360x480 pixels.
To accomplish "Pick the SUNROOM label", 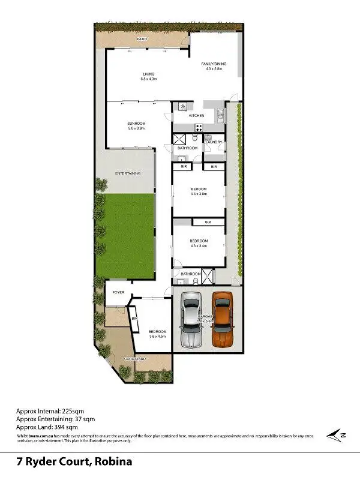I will coord(136,123).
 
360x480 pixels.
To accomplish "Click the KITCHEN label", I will coord(196,115).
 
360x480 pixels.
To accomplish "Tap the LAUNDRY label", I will coord(214,142).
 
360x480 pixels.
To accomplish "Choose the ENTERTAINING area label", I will coord(128,173).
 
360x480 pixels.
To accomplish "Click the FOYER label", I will coord(117,292).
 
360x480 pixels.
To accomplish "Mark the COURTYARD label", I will coord(135,359).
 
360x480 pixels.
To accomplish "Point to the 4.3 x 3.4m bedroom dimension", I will coord(198,245).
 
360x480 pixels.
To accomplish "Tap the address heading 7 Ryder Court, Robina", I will coord(74,462).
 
